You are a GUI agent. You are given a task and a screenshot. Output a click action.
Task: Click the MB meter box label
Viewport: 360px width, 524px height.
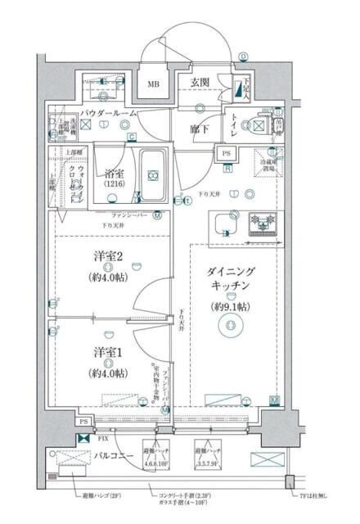pos(154,84)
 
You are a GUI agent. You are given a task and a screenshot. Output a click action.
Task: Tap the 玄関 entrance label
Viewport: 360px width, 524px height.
pos(202,82)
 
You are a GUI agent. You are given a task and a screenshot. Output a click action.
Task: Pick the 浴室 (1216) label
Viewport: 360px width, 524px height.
pos(113,179)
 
